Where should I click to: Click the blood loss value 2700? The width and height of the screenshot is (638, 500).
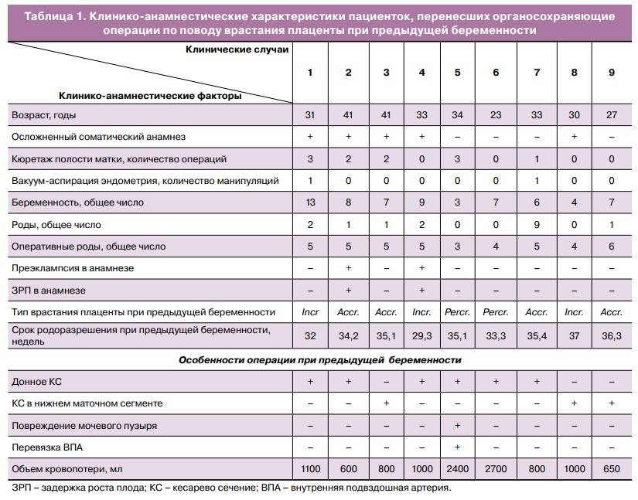(x=496, y=468)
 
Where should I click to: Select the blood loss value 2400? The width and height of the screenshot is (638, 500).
(x=458, y=468)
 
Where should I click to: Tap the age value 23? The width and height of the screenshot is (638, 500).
(x=496, y=114)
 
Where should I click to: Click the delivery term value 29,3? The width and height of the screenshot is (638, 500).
(x=421, y=335)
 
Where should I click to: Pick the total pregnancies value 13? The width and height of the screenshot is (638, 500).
(x=310, y=202)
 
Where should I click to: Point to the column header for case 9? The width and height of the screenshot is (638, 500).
(x=612, y=72)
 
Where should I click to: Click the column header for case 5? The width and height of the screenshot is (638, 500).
(x=458, y=72)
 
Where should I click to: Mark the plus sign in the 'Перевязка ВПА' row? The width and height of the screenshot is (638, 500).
(x=458, y=447)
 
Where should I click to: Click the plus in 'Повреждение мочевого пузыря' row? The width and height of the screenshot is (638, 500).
(x=458, y=425)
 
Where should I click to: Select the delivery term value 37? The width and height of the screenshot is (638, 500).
(x=574, y=335)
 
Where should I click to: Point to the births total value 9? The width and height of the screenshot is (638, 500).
(x=536, y=225)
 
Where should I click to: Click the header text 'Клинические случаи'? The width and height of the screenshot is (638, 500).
(x=237, y=49)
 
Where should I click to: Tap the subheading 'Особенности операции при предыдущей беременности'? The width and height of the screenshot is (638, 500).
(x=319, y=360)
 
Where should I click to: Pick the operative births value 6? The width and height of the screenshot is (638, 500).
(x=612, y=247)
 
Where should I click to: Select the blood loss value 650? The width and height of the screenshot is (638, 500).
(x=612, y=468)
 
